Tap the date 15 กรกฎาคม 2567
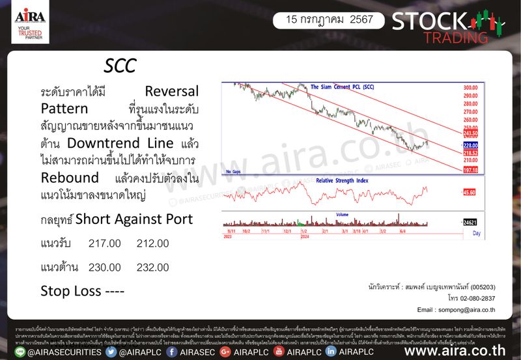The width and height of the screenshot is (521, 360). click(x=324, y=20)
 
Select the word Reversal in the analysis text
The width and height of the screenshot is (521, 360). click(x=171, y=90)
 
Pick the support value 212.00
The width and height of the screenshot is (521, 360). click(x=153, y=243)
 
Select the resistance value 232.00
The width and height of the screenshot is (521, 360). click(x=153, y=267)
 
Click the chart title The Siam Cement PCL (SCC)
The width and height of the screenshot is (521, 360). click(x=342, y=87)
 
